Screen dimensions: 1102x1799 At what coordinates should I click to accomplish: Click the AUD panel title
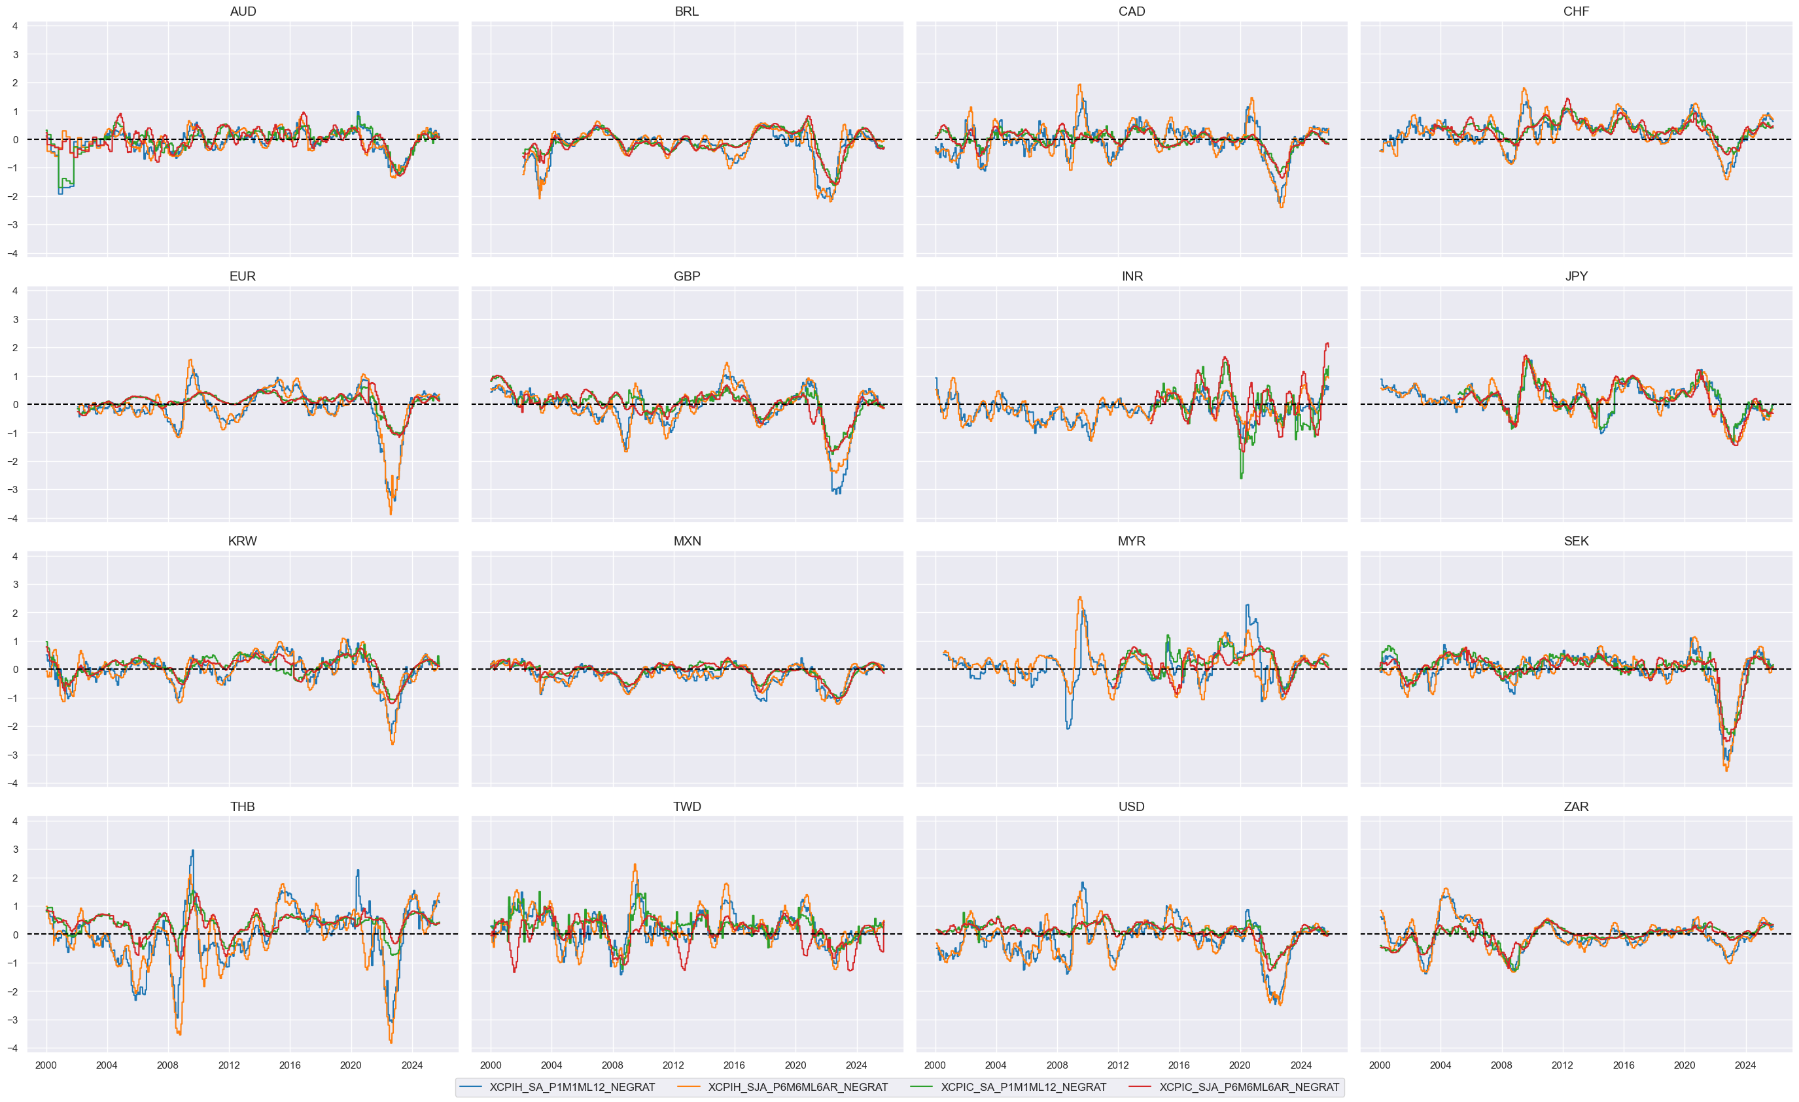[243, 12]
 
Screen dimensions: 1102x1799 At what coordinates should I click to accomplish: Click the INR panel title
[1132, 277]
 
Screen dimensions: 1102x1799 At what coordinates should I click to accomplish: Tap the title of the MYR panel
[1131, 542]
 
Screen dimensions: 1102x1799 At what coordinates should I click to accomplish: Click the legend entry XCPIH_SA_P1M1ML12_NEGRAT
[572, 1088]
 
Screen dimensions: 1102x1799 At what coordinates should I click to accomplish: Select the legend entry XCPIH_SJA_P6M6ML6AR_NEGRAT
[797, 1088]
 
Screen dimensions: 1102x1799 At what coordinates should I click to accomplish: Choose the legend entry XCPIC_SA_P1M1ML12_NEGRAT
[1023, 1088]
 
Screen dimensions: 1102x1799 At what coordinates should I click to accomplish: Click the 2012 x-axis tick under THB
[228, 1065]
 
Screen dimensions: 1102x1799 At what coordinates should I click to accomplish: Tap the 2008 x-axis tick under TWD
[612, 1065]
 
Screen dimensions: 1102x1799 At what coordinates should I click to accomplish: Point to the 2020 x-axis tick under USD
[1240, 1065]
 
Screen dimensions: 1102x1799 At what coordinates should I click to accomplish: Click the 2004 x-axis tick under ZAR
[1441, 1065]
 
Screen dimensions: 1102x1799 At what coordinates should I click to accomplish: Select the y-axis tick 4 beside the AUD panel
[14, 26]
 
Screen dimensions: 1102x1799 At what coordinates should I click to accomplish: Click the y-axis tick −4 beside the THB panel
[12, 1048]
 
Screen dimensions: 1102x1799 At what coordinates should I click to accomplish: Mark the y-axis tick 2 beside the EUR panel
[14, 348]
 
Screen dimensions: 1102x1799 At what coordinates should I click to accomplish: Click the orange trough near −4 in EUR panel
[391, 514]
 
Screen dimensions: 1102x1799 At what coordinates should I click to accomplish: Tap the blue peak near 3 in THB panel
[193, 850]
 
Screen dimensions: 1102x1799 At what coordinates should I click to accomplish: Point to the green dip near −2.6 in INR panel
[1241, 478]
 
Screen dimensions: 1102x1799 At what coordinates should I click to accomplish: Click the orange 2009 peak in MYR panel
[1080, 597]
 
